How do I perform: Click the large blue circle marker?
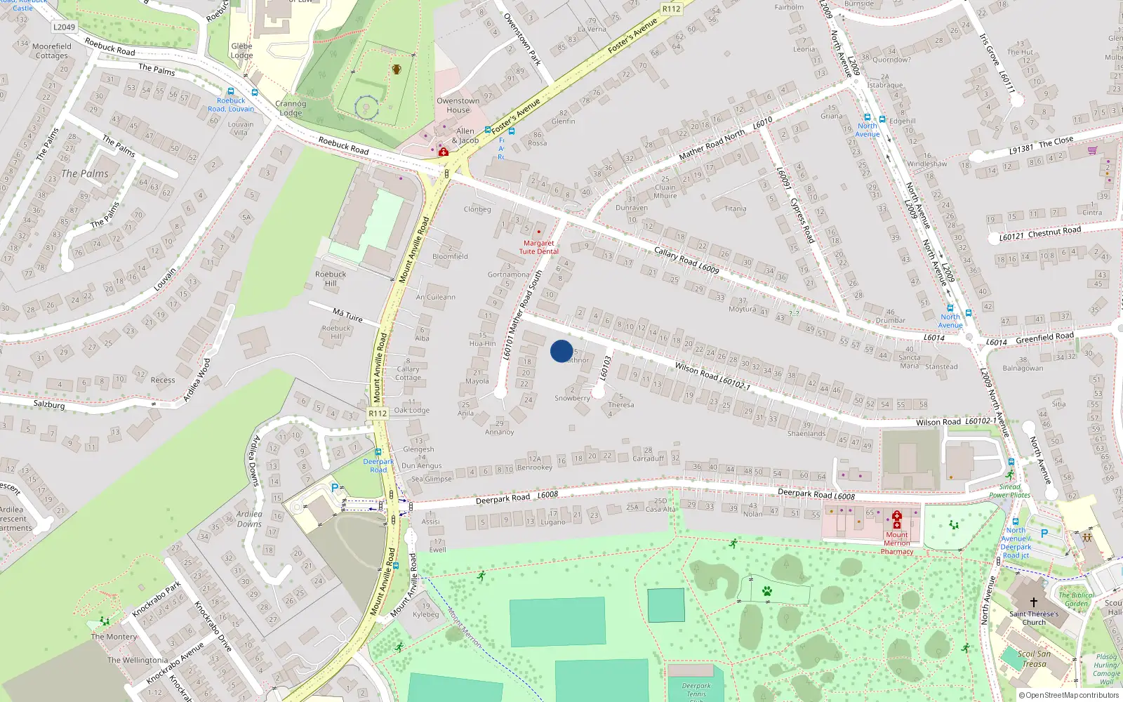[x=561, y=351]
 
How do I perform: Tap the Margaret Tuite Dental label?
[x=539, y=247]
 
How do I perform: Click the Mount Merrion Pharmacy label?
[x=896, y=543]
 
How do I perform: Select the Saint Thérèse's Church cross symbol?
[x=1033, y=602]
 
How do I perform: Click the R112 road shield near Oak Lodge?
[x=378, y=413]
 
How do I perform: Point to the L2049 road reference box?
[x=64, y=27]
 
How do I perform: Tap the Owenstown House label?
[x=458, y=105]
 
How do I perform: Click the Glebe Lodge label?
[x=241, y=51]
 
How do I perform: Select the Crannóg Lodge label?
[x=291, y=108]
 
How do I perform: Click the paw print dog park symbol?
[x=767, y=591]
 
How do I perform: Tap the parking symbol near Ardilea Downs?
[x=334, y=487]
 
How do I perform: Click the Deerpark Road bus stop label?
[x=378, y=465]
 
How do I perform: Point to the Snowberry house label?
[x=572, y=398]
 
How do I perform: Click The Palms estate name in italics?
[x=85, y=173]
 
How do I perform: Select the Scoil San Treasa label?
[x=1034, y=658]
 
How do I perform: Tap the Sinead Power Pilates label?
[x=1009, y=491]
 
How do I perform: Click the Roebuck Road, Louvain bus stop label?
[x=231, y=105]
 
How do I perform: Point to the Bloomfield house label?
[x=450, y=256]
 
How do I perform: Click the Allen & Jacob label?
[x=465, y=135]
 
